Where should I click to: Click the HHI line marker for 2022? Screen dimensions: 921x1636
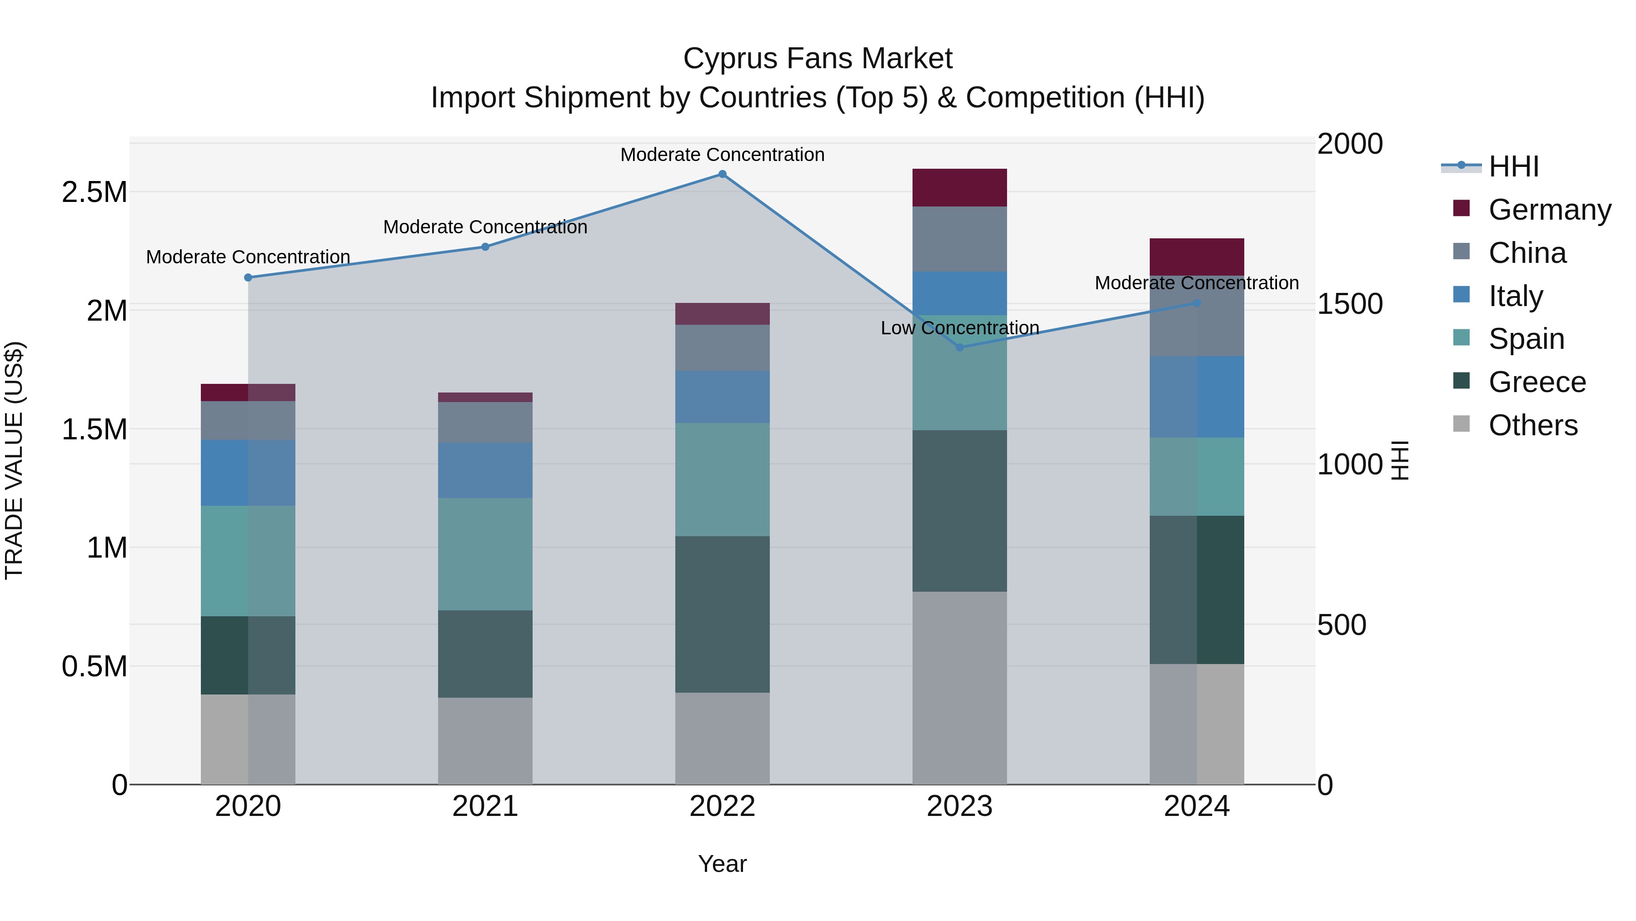(x=722, y=174)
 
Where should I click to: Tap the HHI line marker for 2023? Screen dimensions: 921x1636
(x=960, y=347)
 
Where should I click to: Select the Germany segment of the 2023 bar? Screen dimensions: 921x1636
(x=960, y=187)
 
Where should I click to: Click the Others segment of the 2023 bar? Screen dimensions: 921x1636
(x=960, y=688)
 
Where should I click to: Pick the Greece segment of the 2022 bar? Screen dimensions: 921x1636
(x=722, y=614)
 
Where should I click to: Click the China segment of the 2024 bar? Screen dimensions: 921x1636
(x=1197, y=316)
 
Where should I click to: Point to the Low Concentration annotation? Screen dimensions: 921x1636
(x=960, y=328)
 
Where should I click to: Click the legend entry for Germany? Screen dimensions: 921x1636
(x=1550, y=210)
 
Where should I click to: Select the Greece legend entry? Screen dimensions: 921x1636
(x=1537, y=382)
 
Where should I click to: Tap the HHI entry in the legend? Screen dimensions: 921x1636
(x=1513, y=166)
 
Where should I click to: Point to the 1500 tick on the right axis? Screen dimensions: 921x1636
(x=1350, y=304)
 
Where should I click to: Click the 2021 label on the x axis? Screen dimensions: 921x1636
(x=485, y=806)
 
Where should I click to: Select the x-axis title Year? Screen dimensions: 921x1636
(x=722, y=864)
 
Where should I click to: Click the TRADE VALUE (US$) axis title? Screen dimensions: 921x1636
(x=14, y=460)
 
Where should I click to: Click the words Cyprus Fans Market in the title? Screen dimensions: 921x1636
(x=818, y=59)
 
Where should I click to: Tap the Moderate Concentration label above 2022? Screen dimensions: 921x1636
(x=722, y=155)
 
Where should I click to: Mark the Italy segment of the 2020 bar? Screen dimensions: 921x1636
(x=248, y=473)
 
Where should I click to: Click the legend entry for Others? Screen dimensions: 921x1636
(x=1532, y=425)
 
